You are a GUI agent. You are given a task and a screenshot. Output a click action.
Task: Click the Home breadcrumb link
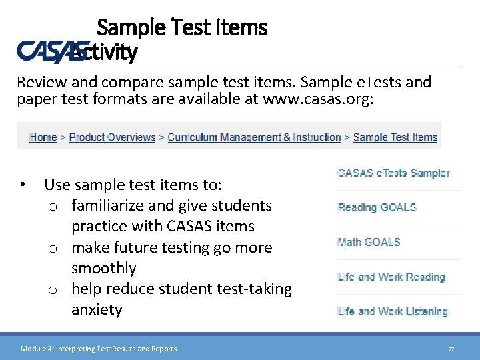pyautogui.click(x=43, y=137)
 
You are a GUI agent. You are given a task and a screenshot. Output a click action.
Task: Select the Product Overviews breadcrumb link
pyautogui.click(x=112, y=137)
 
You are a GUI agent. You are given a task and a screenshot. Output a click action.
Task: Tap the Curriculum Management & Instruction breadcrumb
pyautogui.click(x=254, y=137)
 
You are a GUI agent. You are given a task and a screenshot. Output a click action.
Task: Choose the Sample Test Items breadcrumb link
pyautogui.click(x=395, y=137)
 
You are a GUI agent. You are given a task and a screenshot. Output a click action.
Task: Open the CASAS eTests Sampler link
pyautogui.click(x=393, y=173)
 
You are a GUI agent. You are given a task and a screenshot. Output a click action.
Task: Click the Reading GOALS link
pyautogui.click(x=377, y=207)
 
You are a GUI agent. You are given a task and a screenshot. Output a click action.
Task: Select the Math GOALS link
pyautogui.click(x=369, y=242)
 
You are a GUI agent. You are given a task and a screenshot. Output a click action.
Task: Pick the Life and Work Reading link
pyautogui.click(x=391, y=277)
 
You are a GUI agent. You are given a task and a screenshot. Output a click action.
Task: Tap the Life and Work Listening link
pyautogui.click(x=392, y=311)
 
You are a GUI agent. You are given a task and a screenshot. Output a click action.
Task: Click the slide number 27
pyautogui.click(x=451, y=349)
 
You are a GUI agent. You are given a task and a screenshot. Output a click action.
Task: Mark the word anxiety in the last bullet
pyautogui.click(x=97, y=310)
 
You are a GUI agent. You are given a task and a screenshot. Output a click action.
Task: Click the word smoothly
pyautogui.click(x=103, y=268)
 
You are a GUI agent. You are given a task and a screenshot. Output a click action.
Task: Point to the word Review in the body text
pyautogui.click(x=40, y=83)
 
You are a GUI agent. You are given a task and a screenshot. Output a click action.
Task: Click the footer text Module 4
pyautogui.click(x=36, y=349)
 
